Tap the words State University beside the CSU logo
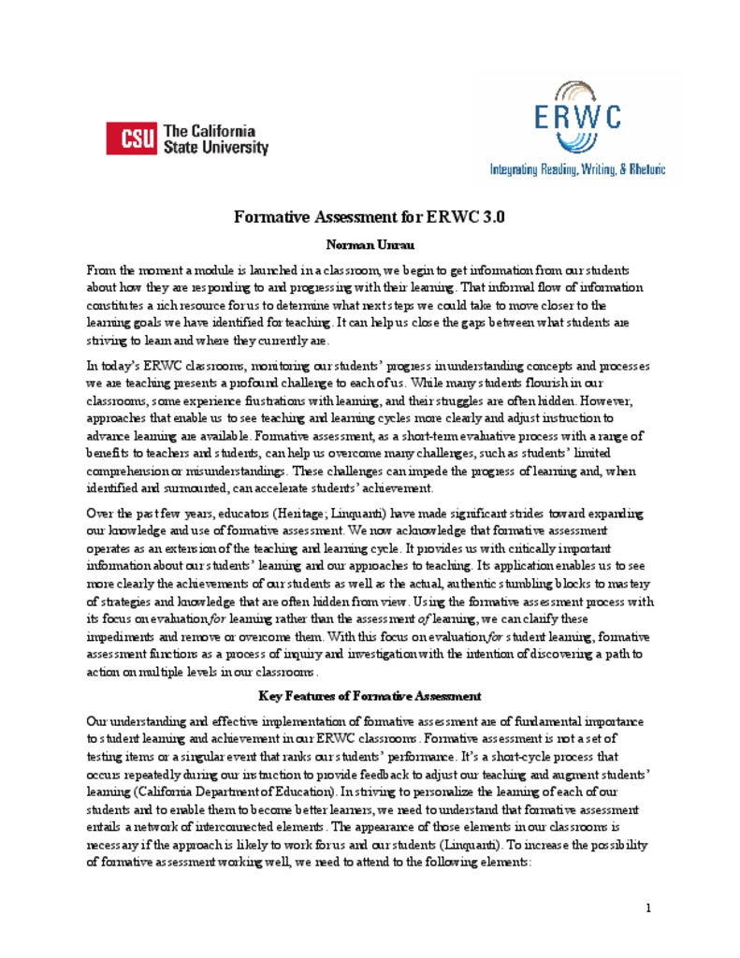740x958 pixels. pos(215,148)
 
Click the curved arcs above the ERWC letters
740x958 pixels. pos(577,91)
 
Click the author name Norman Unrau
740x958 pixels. pos(370,246)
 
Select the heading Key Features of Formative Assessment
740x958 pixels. pos(370,696)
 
